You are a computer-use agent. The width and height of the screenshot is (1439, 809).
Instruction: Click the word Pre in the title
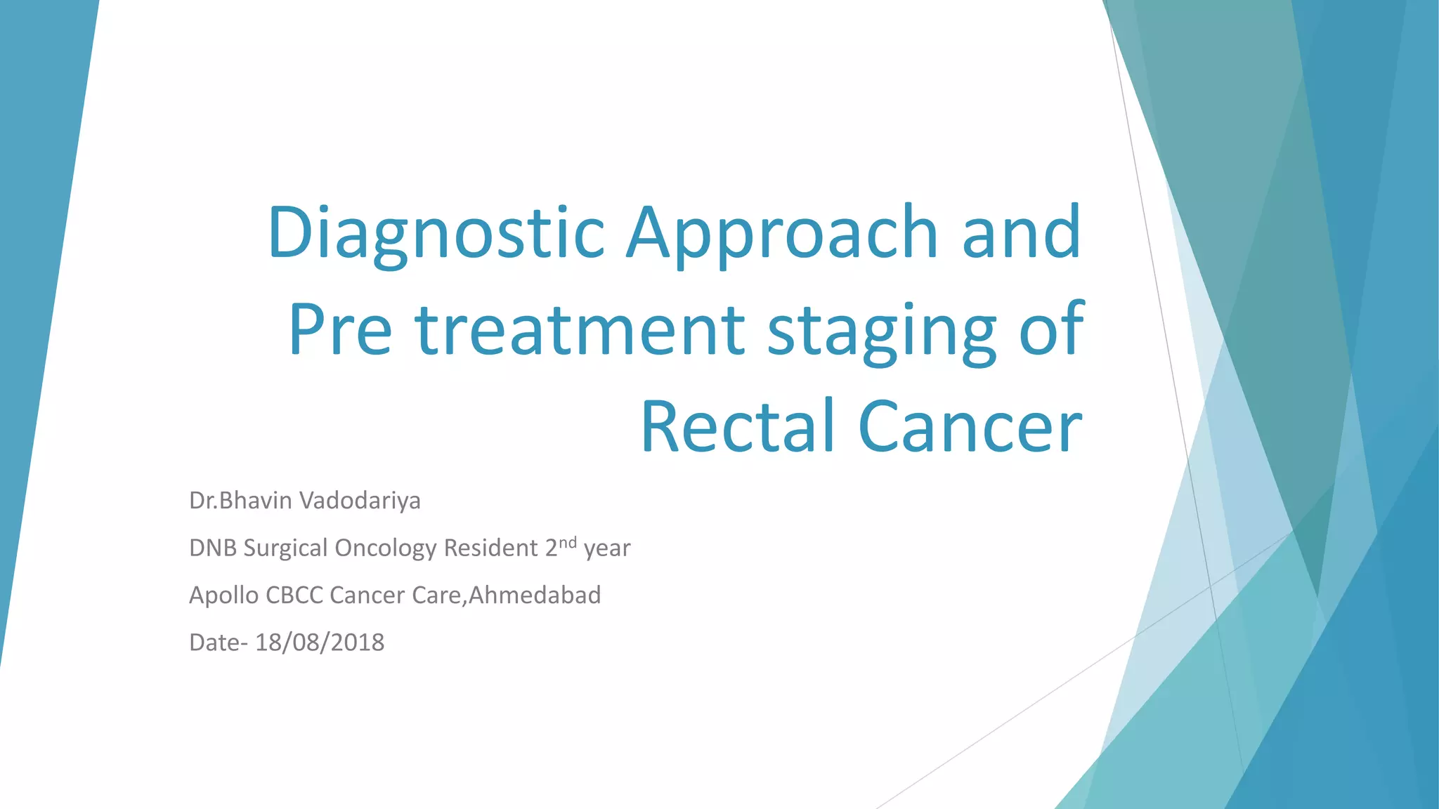[x=340, y=330]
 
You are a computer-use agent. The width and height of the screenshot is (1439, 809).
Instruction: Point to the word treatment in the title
[x=580, y=330]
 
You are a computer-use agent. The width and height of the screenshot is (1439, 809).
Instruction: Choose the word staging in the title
[x=882, y=330]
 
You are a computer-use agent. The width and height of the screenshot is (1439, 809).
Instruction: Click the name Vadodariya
[x=360, y=501]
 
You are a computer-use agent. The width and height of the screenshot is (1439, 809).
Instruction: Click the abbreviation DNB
[x=213, y=548]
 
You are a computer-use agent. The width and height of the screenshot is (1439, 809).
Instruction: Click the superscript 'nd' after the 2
[x=568, y=541]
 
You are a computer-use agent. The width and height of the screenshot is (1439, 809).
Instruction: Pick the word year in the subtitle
[x=607, y=549]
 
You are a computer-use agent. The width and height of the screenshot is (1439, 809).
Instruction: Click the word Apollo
[x=224, y=596]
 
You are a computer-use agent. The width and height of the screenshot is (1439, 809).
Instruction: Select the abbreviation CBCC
[x=294, y=596]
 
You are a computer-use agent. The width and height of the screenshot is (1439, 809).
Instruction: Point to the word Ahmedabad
[x=535, y=596]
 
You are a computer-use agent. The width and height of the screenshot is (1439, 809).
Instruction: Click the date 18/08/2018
[x=320, y=643]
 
